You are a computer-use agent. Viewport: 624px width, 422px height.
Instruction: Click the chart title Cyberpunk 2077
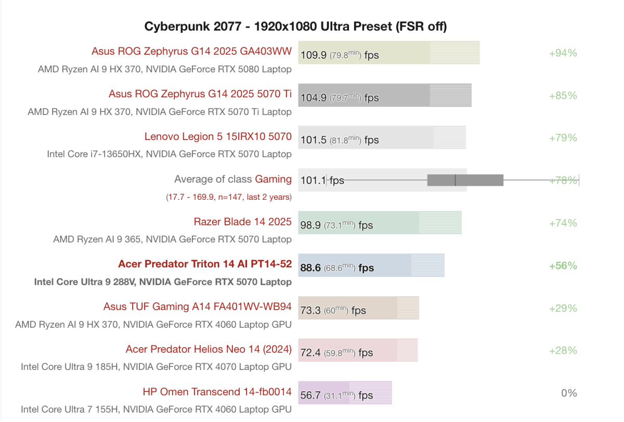tap(295, 26)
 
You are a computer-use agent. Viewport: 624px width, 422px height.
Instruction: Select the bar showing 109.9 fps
tap(388, 53)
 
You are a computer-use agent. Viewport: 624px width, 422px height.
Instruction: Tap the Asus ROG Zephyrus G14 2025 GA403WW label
tap(191, 51)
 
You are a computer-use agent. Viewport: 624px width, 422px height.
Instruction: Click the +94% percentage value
tap(563, 53)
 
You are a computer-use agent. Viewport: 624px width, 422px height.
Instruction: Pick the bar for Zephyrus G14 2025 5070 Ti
tap(385, 96)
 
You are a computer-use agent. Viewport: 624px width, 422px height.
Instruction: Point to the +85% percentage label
tap(563, 96)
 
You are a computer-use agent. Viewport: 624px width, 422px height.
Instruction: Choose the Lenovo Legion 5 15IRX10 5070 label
tap(218, 136)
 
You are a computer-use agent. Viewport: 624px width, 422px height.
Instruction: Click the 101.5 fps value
tap(339, 140)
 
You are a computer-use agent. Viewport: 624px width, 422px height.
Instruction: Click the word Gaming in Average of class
tap(273, 179)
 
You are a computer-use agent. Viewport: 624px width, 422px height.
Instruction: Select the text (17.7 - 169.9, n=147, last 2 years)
tap(229, 197)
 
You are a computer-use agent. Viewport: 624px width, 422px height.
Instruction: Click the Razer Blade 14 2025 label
tap(242, 222)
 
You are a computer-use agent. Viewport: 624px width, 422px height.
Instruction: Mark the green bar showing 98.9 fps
tap(380, 223)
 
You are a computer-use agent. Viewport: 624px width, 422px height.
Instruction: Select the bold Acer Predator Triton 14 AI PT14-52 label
tap(205, 264)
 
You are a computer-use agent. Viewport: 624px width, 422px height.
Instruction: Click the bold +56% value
tap(563, 265)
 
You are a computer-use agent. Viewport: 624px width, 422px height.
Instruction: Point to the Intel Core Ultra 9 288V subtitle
tap(163, 282)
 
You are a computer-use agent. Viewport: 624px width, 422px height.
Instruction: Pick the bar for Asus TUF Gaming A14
tap(358, 308)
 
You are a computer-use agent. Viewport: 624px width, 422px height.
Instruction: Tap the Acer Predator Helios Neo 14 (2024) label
tap(209, 349)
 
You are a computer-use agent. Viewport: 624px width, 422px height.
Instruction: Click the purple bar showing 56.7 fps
tap(345, 393)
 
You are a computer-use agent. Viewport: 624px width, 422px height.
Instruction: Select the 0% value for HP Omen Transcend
tap(569, 393)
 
